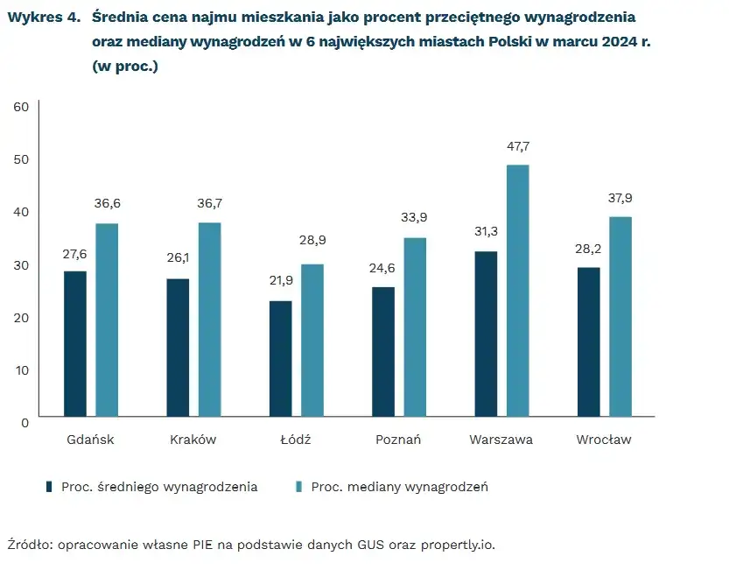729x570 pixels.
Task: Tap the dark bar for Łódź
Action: pyautogui.click(x=281, y=358)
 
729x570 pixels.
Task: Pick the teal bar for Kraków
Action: pyautogui.click(x=209, y=320)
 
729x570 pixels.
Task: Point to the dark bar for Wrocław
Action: pyautogui.click(x=589, y=341)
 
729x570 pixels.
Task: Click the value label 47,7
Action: pyautogui.click(x=518, y=146)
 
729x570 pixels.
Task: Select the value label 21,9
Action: pyautogui.click(x=281, y=283)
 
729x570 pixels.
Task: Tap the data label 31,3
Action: pyautogui.click(x=485, y=231)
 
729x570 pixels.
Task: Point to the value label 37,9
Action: pyautogui.click(x=620, y=198)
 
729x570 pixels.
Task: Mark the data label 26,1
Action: pyautogui.click(x=178, y=259)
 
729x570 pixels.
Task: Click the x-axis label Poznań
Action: pyautogui.click(x=398, y=440)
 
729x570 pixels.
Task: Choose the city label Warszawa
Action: pyautogui.click(x=501, y=440)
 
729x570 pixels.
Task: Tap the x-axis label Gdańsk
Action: pyautogui.click(x=90, y=440)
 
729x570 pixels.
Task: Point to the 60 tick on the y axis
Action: pyautogui.click(x=21, y=107)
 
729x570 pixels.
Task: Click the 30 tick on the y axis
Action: pyautogui.click(x=21, y=264)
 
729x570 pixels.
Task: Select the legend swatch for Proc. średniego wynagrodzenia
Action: pyautogui.click(x=50, y=487)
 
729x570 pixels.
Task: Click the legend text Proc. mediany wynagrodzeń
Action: pyautogui.click(x=399, y=487)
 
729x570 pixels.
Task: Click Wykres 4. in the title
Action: pyautogui.click(x=44, y=18)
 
